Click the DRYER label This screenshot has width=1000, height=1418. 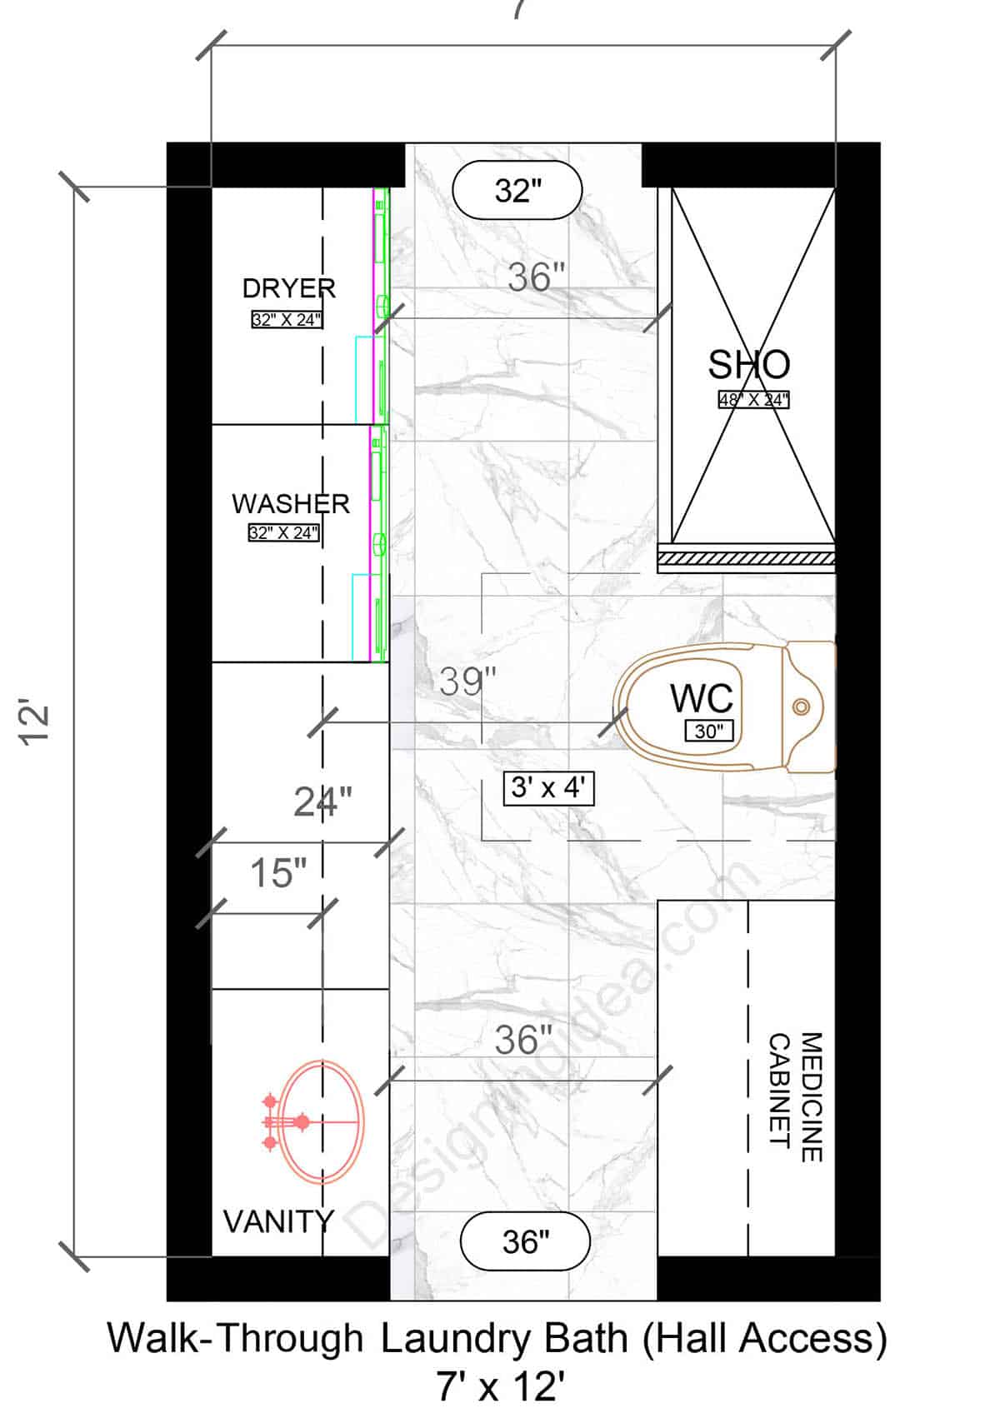tap(288, 288)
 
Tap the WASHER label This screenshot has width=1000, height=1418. tap(290, 503)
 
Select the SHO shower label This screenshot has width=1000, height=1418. tap(748, 365)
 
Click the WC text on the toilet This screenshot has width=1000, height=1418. tap(702, 698)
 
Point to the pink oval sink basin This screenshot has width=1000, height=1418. tap(322, 1121)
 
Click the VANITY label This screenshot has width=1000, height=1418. tap(278, 1221)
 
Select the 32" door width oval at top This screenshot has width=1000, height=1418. tap(517, 191)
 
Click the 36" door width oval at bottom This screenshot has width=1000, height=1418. tap(526, 1241)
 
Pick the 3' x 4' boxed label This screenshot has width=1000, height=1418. tap(548, 787)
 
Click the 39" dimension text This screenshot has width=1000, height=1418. tap(467, 682)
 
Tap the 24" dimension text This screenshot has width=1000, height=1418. tap(322, 802)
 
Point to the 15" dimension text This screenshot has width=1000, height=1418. tap(278, 873)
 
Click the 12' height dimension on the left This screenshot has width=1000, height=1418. tap(37, 723)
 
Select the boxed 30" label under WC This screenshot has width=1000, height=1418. tap(708, 731)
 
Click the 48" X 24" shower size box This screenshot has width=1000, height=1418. tap(753, 400)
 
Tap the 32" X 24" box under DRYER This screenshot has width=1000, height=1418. tap(286, 319)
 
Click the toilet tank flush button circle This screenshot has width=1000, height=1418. tap(801, 707)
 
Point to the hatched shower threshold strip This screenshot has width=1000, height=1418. tap(746, 557)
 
